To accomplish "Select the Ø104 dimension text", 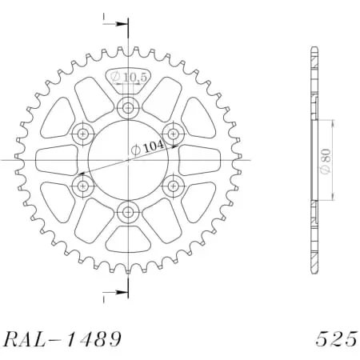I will (145, 148).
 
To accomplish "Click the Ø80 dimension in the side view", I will (328, 160).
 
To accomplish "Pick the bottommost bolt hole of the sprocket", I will (127, 212).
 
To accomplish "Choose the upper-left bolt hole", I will (82, 133).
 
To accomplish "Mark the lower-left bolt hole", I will (82, 186).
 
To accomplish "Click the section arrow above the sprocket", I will (116, 24).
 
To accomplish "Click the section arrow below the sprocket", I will (116, 295).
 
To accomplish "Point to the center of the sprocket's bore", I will (127, 159).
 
